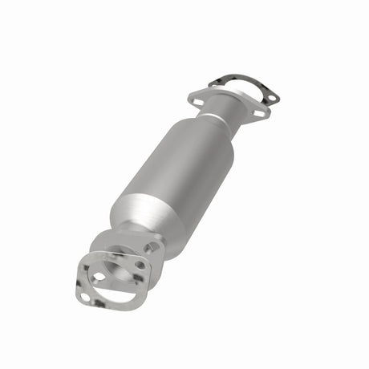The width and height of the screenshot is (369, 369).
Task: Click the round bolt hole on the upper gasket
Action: pyautogui.click(x=271, y=98)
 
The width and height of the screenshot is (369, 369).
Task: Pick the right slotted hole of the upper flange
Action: pyautogui.click(x=257, y=113)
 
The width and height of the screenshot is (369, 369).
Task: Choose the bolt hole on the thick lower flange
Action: pyautogui.click(x=140, y=265)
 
